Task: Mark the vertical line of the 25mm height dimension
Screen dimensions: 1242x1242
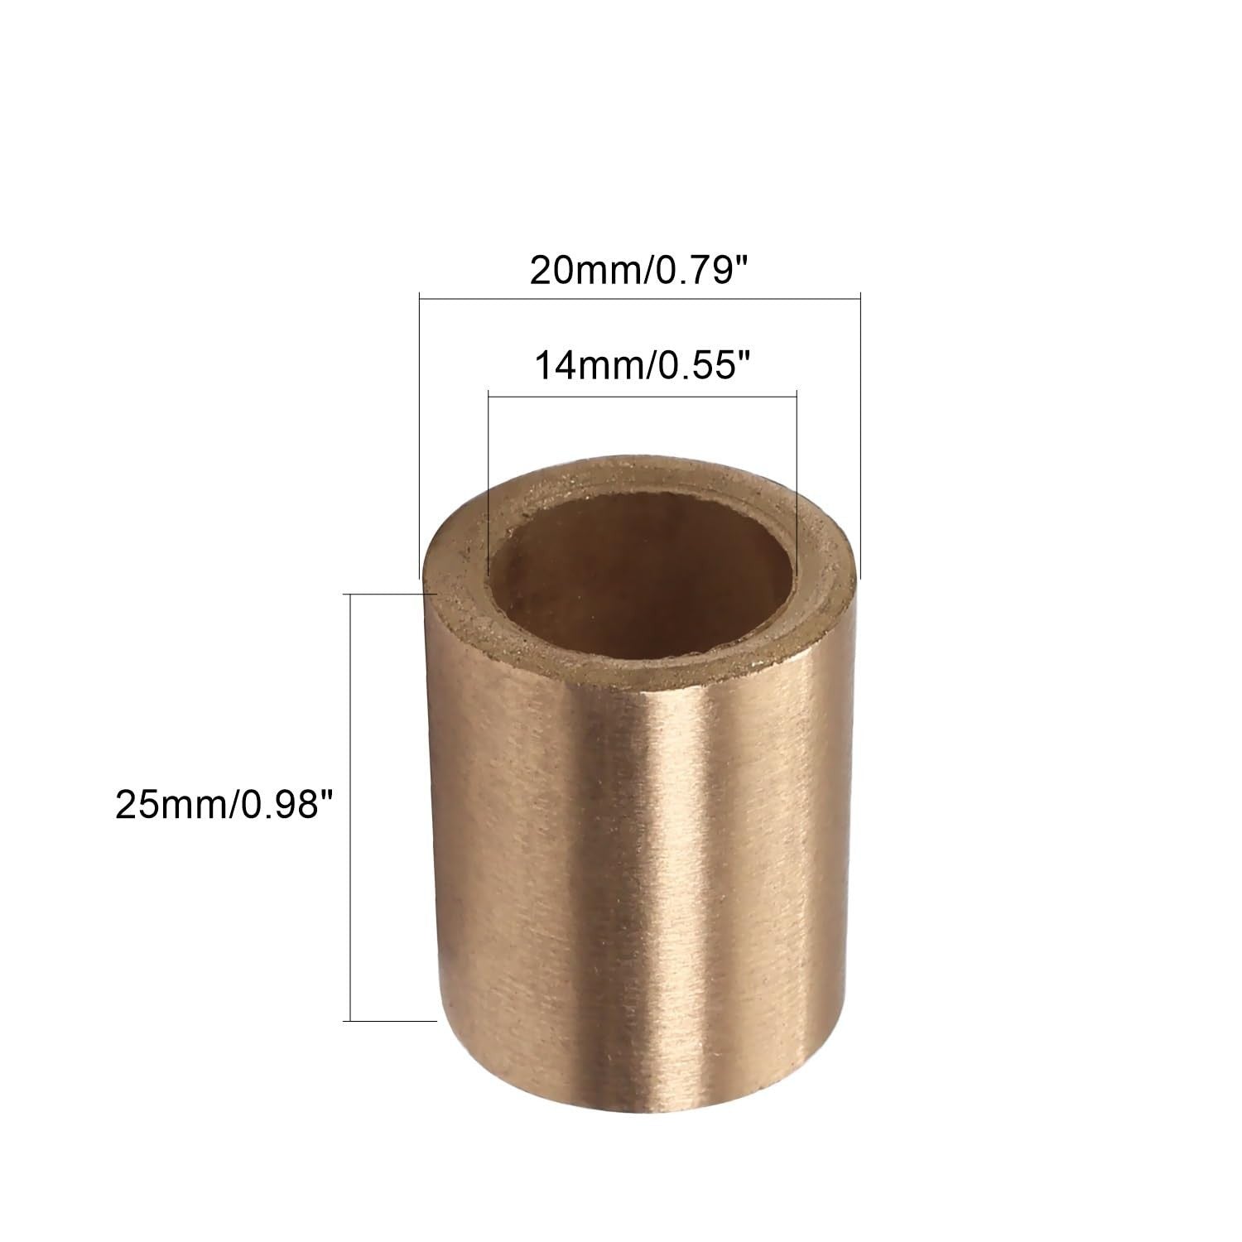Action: (x=353, y=807)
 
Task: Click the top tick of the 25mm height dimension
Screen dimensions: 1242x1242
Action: (x=389, y=594)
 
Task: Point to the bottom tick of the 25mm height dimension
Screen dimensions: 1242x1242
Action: (x=389, y=1021)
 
